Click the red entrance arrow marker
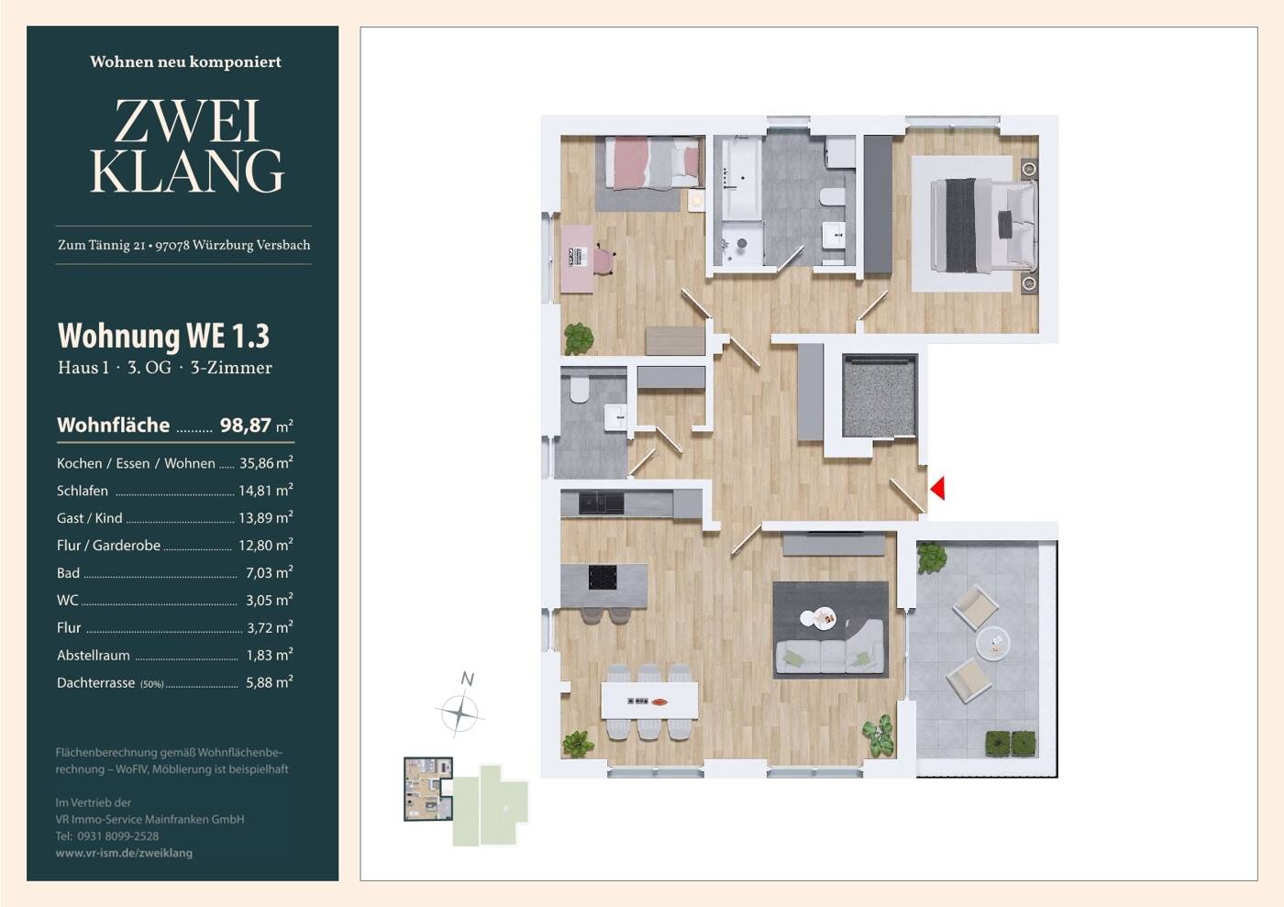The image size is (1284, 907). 937,489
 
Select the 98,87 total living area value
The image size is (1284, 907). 246,426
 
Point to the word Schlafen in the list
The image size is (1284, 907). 83,491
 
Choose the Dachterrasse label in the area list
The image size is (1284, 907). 95,683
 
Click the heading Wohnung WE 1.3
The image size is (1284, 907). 163,336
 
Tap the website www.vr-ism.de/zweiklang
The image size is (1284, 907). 124,853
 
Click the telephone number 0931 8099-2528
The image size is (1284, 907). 118,836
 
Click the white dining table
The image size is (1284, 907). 649,701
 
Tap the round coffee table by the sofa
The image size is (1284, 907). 818,619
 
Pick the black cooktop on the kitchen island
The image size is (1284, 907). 603,578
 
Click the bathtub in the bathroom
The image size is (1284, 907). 741,178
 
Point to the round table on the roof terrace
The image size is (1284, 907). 992,643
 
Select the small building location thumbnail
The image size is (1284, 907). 428,789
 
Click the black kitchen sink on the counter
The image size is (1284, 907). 602,503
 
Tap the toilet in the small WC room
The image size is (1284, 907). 580,389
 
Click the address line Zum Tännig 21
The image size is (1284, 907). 102,246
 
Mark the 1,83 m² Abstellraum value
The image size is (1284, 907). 270,655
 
